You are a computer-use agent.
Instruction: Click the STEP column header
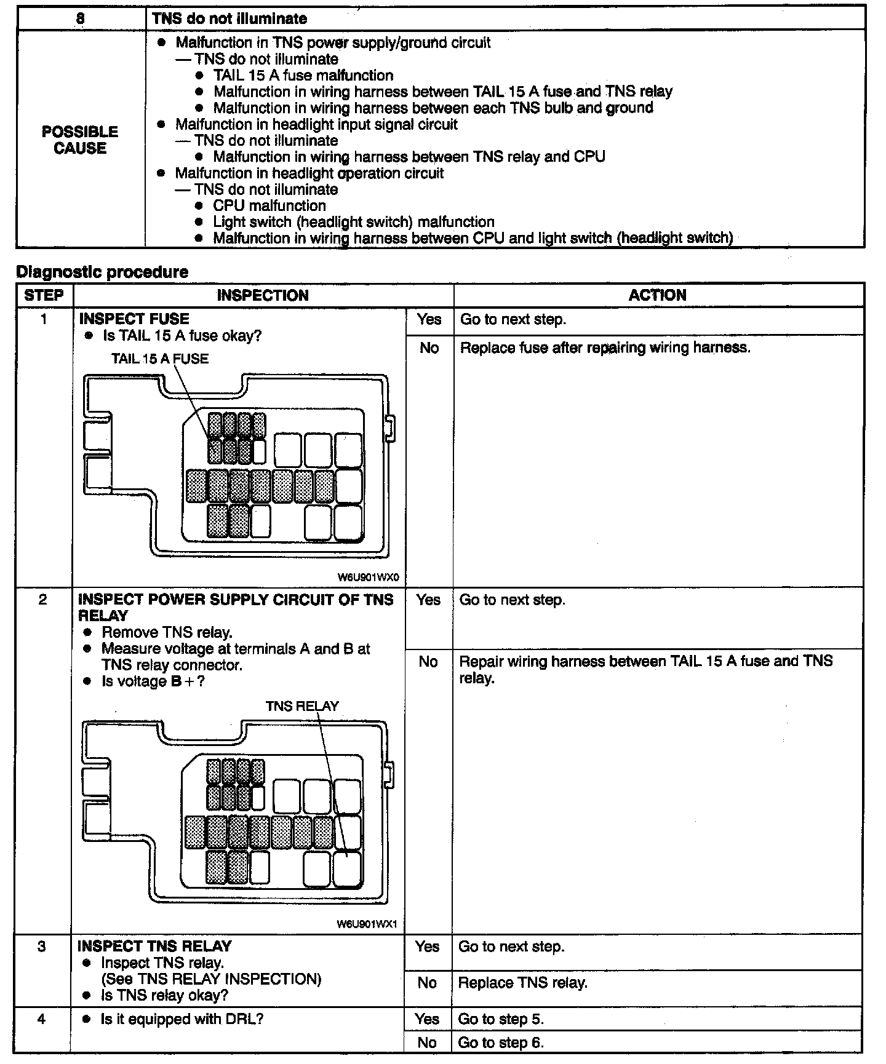[44, 295]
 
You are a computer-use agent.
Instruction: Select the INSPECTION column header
[263, 295]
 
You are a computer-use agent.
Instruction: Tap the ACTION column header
[657, 295]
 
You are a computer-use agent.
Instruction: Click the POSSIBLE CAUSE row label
[80, 140]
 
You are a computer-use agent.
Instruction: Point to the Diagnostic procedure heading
[102, 272]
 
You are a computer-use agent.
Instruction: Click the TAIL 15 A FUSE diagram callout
[160, 359]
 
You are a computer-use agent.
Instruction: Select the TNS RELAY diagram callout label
[302, 706]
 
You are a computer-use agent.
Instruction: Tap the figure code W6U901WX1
[368, 924]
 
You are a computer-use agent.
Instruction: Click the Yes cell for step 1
[429, 319]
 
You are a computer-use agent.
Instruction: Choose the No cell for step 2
[428, 662]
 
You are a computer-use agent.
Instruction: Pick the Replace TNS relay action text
[522, 983]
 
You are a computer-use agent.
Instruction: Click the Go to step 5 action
[501, 1019]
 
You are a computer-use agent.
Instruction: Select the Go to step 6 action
[501, 1042]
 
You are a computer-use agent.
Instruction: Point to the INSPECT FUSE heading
[134, 319]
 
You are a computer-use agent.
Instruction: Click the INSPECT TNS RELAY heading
[154, 947]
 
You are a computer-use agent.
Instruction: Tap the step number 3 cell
[42, 947]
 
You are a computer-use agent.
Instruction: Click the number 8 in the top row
[80, 18]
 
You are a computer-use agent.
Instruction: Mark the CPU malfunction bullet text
[269, 205]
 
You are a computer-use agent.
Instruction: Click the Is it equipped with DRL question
[182, 1019]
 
